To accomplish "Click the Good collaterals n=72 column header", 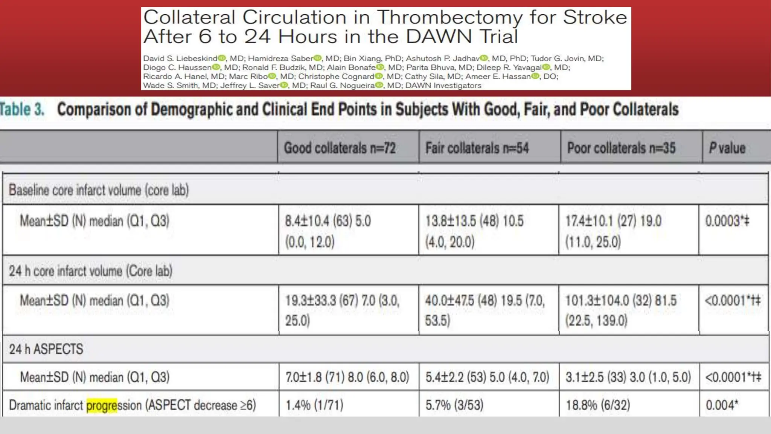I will tap(340, 148).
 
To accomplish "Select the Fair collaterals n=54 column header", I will tap(477, 148).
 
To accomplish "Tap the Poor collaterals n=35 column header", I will tap(621, 148).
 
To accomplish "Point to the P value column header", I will tap(727, 148).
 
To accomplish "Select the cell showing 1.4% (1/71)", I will tap(314, 405).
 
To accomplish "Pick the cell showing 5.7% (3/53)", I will tap(454, 405).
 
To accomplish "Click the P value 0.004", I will tap(722, 405).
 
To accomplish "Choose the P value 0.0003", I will tap(727, 221).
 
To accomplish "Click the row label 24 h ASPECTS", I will tap(46, 349).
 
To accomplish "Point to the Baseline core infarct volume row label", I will tap(99, 190).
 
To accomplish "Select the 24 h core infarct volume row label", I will tap(90, 271).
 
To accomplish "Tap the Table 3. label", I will tap(22, 110).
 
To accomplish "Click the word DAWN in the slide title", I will tap(439, 37).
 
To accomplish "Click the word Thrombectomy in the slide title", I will tap(450, 17).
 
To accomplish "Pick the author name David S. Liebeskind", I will tap(180, 58).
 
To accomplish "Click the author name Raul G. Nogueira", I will tap(343, 86).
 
